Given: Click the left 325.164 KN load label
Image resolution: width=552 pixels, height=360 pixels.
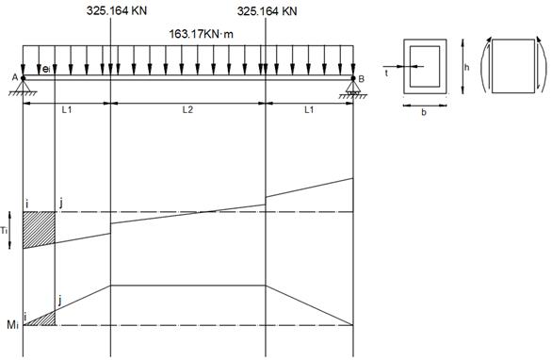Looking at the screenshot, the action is (117, 11).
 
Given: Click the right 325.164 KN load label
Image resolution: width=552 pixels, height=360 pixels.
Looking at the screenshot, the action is (267, 11).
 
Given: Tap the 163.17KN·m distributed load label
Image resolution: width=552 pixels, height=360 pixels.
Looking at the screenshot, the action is (201, 34).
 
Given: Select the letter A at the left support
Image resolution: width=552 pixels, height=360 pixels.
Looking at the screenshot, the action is (15, 77).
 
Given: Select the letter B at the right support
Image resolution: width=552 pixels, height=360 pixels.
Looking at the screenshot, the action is (361, 79).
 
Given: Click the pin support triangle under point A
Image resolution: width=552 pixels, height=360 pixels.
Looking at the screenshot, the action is (24, 86).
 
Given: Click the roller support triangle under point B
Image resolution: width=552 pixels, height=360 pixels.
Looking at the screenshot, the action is (353, 87).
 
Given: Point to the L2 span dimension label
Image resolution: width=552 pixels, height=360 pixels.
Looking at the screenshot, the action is (187, 110).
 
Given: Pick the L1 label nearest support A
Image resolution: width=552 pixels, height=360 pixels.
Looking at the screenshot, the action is (67, 110).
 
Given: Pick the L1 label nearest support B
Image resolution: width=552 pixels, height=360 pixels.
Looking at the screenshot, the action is (309, 110).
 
